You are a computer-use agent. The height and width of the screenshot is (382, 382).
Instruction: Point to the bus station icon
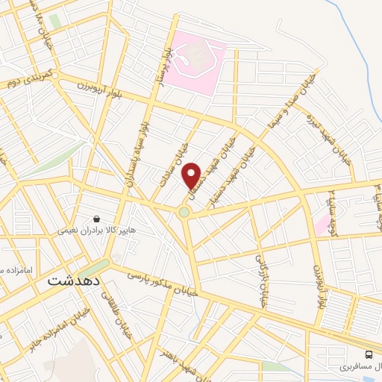tap(369, 354)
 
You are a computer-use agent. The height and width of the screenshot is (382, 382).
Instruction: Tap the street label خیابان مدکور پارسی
tap(163, 283)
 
